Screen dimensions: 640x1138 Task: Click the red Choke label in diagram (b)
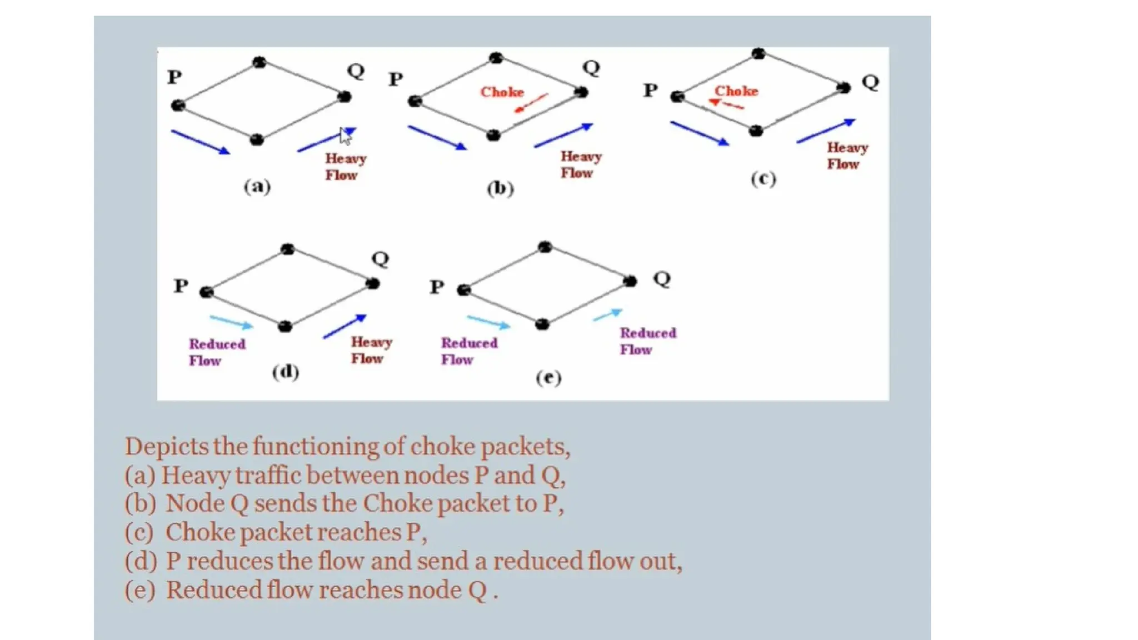(502, 92)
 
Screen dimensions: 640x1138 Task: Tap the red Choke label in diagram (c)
(736, 91)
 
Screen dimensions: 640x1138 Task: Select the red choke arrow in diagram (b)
(531, 103)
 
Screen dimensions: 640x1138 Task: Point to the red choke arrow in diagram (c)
(726, 104)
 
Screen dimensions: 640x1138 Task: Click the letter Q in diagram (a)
(356, 71)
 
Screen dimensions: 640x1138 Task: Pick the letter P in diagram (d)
(181, 286)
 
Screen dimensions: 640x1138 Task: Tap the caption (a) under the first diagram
(257, 186)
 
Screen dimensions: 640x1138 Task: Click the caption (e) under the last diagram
(548, 378)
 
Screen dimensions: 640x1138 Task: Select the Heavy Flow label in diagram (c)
(847, 156)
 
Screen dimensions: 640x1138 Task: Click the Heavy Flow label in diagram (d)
(371, 350)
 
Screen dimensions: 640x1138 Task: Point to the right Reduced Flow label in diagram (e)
(648, 341)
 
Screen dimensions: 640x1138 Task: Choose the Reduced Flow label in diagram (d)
(217, 352)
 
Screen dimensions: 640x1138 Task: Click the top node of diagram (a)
(259, 62)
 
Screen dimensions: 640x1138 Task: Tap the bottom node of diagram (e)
(543, 324)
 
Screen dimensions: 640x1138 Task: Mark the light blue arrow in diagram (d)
(231, 322)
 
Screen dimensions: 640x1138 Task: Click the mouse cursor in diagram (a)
(345, 136)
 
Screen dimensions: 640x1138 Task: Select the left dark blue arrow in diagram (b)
(437, 137)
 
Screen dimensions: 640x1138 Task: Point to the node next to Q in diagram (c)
(843, 87)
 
